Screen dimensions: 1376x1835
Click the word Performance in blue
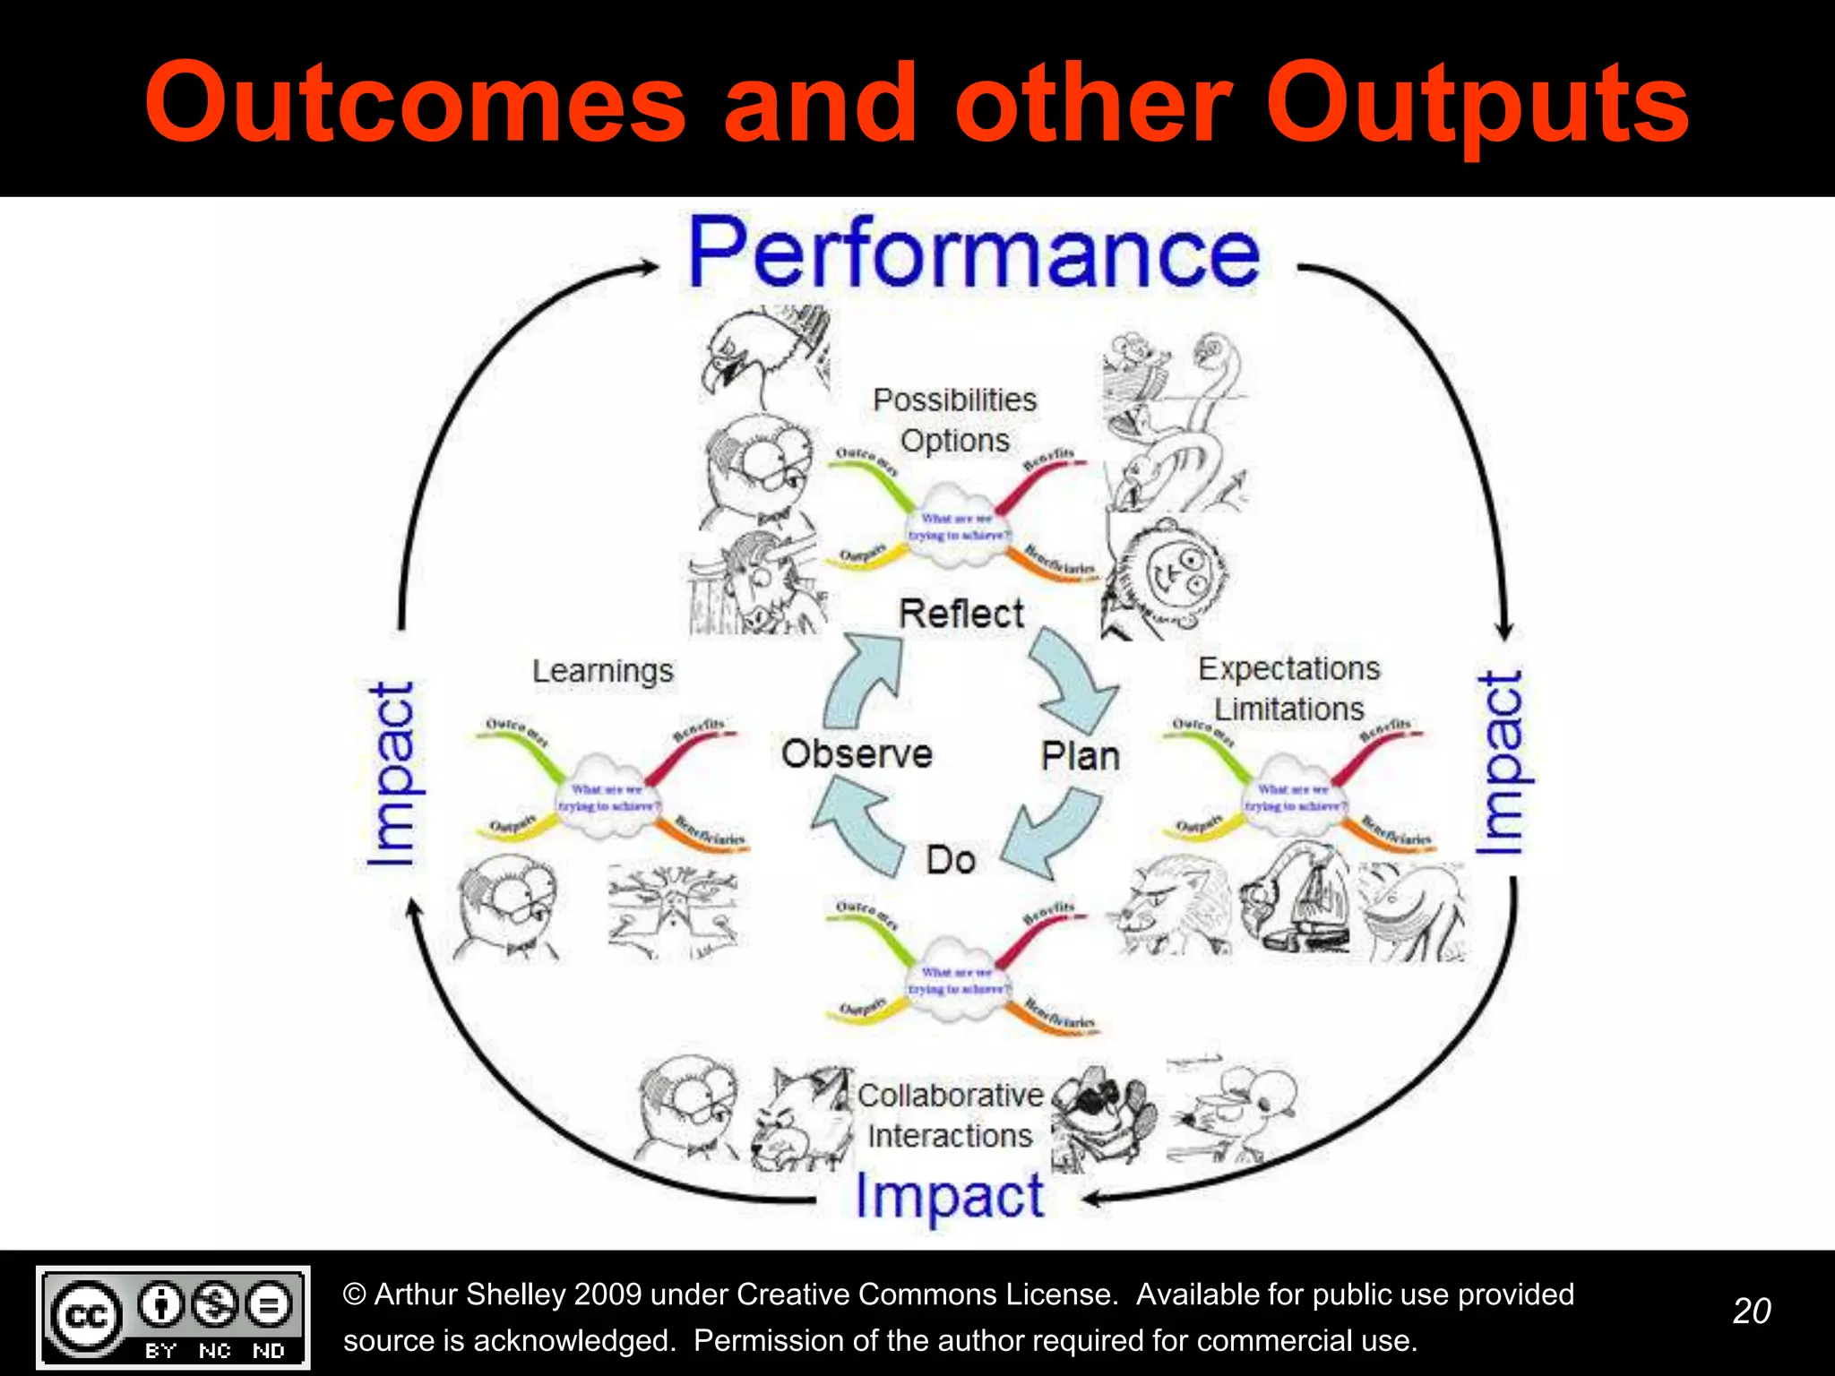click(973, 254)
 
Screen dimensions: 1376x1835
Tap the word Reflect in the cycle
click(961, 615)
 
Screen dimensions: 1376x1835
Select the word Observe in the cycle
click(857, 753)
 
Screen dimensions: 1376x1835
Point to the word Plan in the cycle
click(1080, 757)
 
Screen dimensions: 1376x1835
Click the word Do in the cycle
click(951, 860)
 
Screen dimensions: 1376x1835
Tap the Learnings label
click(602, 671)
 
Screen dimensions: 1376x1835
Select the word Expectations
click(1288, 668)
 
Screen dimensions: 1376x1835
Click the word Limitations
click(1288, 709)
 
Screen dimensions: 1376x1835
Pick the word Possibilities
click(954, 400)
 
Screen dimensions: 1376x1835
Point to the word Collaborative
click(950, 1095)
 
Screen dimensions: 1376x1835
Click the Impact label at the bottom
click(950, 1196)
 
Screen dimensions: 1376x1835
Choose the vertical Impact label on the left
click(392, 774)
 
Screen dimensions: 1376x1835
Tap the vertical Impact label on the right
click(1500, 763)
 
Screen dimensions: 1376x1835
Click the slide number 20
click(1751, 1311)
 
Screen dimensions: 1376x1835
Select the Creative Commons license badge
click(173, 1317)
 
